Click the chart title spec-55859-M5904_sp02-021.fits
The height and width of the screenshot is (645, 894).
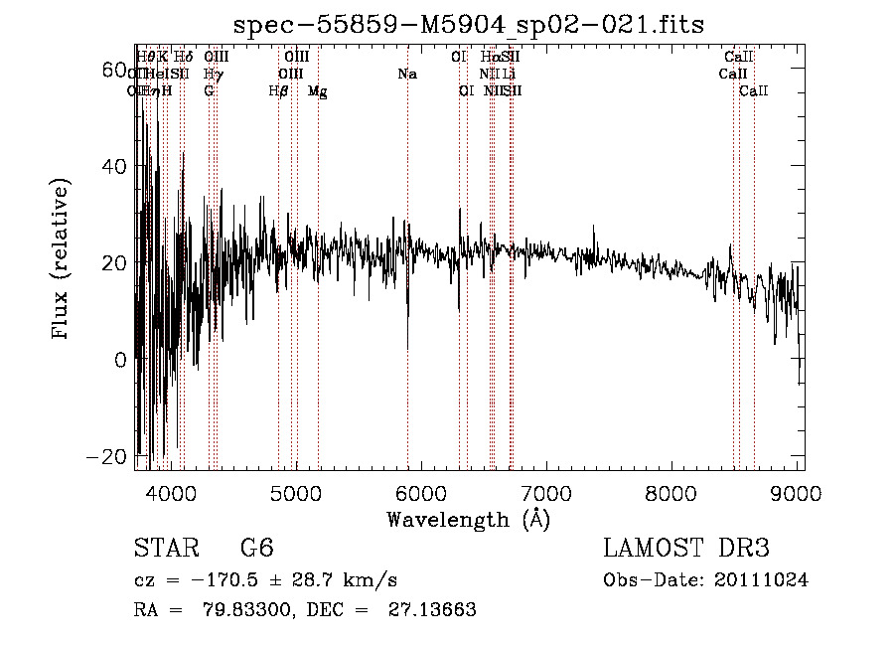(x=468, y=26)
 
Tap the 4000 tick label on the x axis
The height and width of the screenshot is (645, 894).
(x=171, y=492)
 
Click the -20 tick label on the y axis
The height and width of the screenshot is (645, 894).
(x=112, y=456)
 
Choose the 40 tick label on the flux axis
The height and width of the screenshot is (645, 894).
(x=115, y=167)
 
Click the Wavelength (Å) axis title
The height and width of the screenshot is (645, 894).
(x=468, y=519)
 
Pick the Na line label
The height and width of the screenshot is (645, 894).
(x=407, y=75)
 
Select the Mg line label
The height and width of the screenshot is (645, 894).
(x=317, y=91)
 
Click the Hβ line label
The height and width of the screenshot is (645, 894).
(x=279, y=91)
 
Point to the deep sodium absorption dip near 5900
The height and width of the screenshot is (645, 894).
(x=408, y=343)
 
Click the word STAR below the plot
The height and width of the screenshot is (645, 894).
(x=165, y=550)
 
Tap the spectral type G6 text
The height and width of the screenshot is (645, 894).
(x=257, y=550)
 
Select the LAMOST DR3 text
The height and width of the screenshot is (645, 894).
(x=686, y=550)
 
